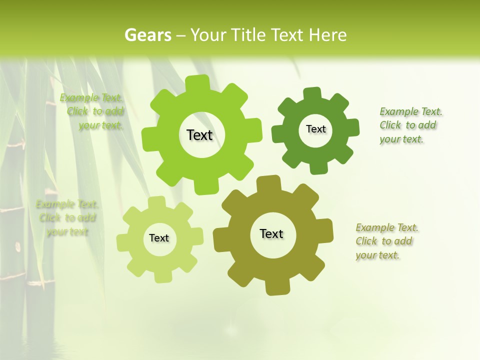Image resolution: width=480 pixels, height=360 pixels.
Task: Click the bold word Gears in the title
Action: (x=147, y=35)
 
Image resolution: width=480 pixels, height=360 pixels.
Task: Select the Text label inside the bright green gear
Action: (x=199, y=135)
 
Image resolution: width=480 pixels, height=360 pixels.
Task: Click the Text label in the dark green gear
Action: (x=315, y=129)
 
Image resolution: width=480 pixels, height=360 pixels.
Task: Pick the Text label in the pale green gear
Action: (x=159, y=238)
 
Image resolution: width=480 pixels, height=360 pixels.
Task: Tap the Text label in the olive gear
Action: (x=271, y=233)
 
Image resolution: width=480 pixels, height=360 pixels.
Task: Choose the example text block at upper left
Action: (x=92, y=111)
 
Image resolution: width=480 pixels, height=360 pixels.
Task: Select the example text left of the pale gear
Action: (x=67, y=218)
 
